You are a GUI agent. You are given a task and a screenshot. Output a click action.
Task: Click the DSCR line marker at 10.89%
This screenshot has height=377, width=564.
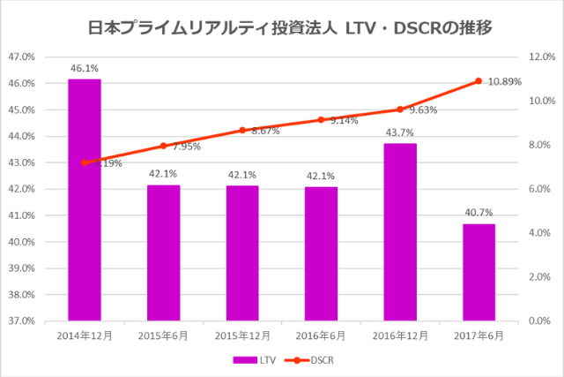pyautogui.click(x=478, y=81)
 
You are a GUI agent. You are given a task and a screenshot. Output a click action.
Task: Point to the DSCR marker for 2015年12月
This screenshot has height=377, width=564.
pyautogui.click(x=242, y=130)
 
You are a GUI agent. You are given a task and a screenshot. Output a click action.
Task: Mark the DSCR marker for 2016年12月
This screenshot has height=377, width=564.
pyautogui.click(x=399, y=109)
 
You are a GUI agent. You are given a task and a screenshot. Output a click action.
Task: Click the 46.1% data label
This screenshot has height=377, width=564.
pyautogui.click(x=85, y=67)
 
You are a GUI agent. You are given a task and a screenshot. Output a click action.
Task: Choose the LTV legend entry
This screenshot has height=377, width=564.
pyautogui.click(x=255, y=360)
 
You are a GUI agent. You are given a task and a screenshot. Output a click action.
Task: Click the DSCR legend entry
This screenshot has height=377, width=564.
pyautogui.click(x=313, y=360)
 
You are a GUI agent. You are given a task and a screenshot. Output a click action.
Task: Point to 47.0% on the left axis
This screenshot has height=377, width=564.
pyautogui.click(x=20, y=57)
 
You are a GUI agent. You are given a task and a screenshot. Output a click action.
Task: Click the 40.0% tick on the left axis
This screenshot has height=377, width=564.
pyautogui.click(x=20, y=242)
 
